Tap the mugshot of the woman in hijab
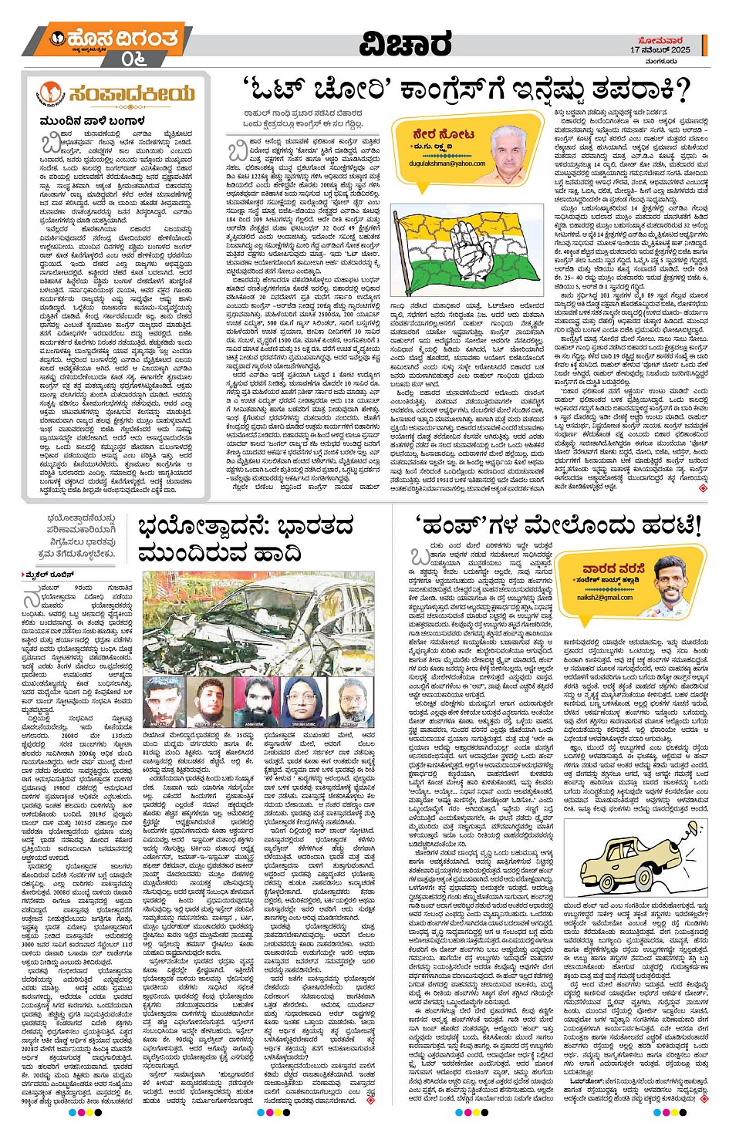(300, 700)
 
